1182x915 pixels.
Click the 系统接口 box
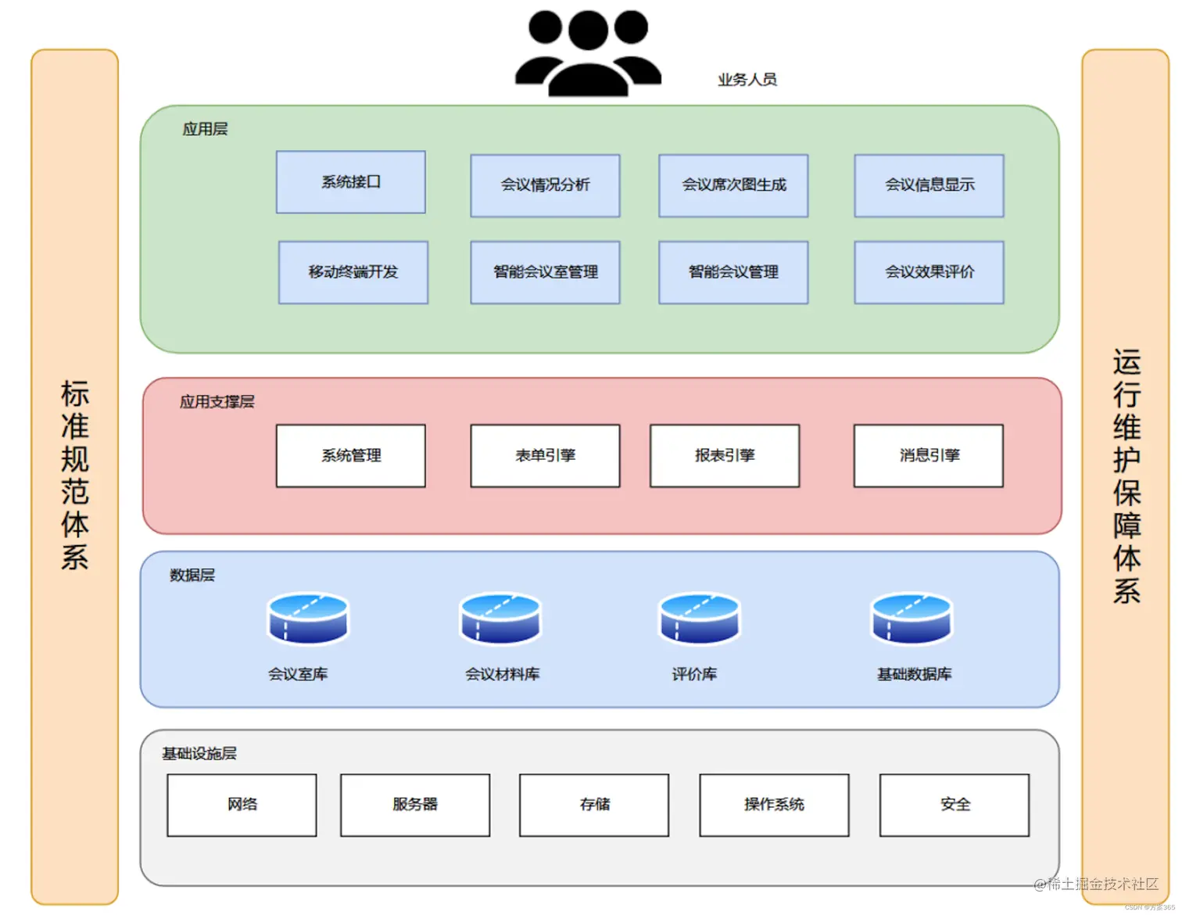[x=351, y=182]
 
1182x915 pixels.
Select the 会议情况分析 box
[x=545, y=185]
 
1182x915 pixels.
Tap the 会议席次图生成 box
[x=733, y=185]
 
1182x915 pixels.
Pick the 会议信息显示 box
[x=929, y=185]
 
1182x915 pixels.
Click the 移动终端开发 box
[x=353, y=272]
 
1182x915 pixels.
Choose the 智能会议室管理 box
[x=545, y=272]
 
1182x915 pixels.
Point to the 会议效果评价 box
[x=929, y=272]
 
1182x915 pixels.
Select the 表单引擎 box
[x=545, y=456]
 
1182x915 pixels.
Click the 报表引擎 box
[x=725, y=456]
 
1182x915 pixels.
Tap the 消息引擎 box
[x=929, y=456]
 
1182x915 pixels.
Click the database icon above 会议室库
[x=308, y=618]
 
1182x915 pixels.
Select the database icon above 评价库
[x=700, y=618]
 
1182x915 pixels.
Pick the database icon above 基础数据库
[x=912, y=618]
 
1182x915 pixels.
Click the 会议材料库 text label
[x=502, y=674]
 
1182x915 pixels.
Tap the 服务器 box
[x=415, y=805]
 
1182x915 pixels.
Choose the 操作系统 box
[x=774, y=805]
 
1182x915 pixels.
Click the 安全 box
[x=955, y=805]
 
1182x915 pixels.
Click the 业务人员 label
[x=747, y=80]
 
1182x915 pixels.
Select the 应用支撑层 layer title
[x=217, y=402]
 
